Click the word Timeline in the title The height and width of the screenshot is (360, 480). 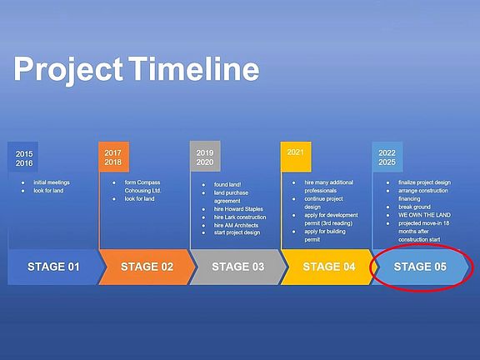(194, 68)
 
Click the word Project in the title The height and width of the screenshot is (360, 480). (68, 71)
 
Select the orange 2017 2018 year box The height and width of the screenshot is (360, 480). (113, 157)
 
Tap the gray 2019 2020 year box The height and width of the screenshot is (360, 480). (205, 157)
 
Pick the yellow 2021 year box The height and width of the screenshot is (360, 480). (296, 157)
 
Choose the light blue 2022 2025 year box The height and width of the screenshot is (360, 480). (387, 157)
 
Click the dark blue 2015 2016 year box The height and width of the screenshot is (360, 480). (23, 157)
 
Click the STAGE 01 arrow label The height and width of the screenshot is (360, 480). (53, 267)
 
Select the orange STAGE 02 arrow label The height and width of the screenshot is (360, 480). (147, 267)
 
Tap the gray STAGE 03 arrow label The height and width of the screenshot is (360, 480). (237, 267)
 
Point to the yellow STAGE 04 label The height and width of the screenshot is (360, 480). (329, 267)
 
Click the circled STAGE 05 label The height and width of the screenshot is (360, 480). (420, 267)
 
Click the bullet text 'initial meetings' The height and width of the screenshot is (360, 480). (52, 182)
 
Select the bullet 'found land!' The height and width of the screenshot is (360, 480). (227, 185)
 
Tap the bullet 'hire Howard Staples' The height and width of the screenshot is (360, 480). (238, 209)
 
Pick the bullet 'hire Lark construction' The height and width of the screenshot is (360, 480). (240, 217)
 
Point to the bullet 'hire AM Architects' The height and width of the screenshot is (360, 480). (236, 225)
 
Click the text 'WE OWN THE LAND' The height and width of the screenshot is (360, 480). (424, 215)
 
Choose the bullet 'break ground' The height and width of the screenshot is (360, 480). (414, 207)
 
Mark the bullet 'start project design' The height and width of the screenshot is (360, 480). (237, 232)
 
